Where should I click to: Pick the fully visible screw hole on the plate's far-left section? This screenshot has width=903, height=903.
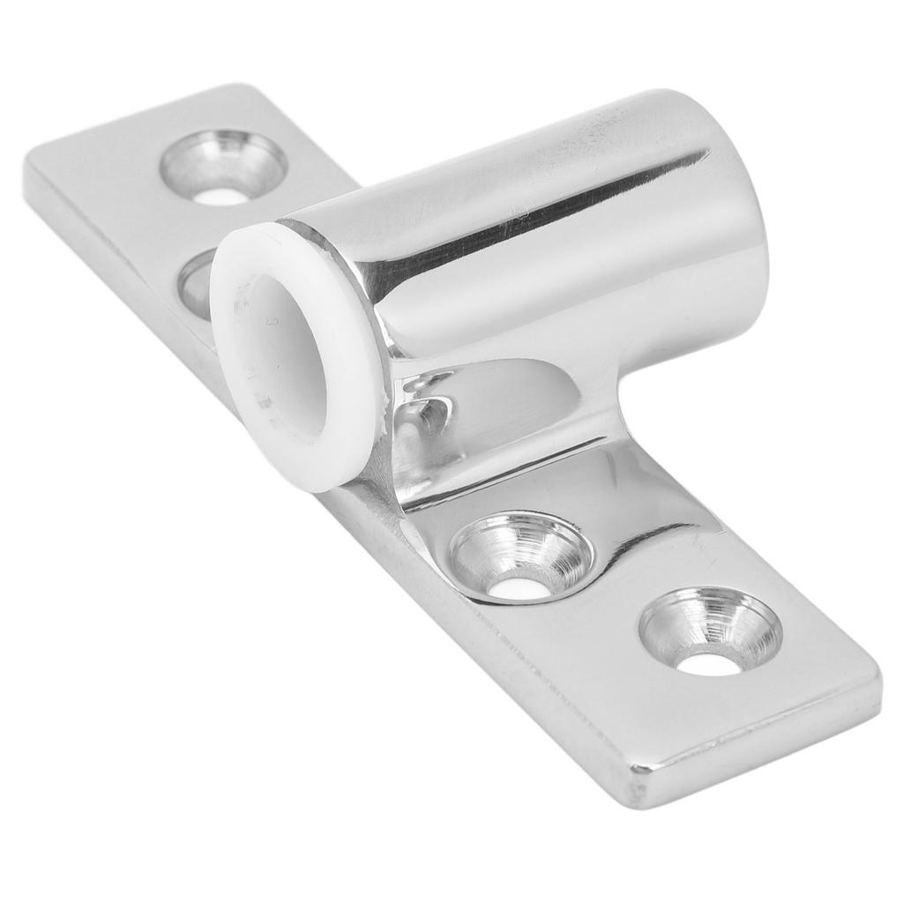222,168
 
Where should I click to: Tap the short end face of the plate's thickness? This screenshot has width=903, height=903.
758,758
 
